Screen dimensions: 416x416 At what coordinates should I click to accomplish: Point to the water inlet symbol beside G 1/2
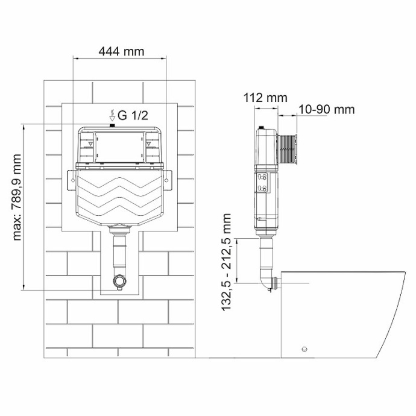point(112,115)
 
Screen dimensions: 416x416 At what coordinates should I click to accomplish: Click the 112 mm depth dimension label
point(265,98)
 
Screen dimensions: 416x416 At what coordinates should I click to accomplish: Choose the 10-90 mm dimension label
point(326,109)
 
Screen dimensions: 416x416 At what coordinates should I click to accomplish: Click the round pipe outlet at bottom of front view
point(119,281)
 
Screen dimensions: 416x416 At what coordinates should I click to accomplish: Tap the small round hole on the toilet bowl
point(304,349)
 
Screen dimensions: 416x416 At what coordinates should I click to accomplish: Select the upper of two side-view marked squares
point(263,177)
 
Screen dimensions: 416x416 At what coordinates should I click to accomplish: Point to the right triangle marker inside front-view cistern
point(148,143)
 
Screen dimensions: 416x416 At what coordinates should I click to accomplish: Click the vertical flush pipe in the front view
point(119,253)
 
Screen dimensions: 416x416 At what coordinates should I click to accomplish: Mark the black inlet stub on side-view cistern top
point(262,128)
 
